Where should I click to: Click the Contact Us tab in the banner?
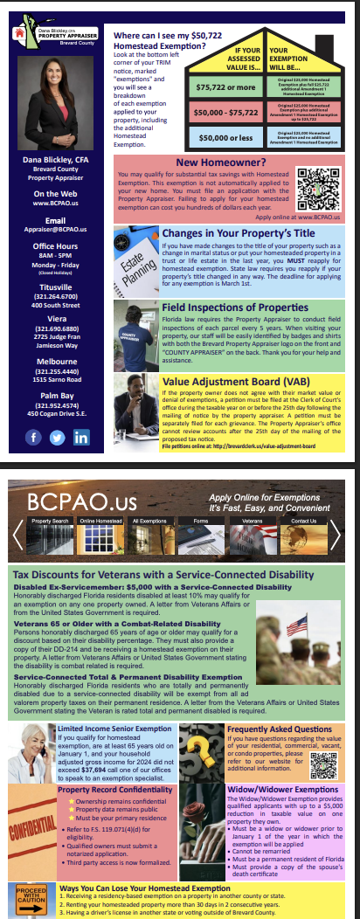point(303,522)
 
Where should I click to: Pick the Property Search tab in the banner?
point(50,522)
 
